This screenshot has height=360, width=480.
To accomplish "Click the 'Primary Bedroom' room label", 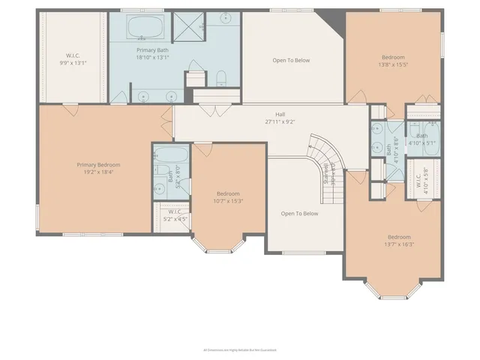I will click(x=98, y=165).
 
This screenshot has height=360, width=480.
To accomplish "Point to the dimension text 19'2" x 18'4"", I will click(x=98, y=172).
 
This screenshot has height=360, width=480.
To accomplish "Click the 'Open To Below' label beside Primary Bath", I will click(x=290, y=61).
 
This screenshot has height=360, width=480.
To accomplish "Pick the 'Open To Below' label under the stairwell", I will click(x=299, y=214).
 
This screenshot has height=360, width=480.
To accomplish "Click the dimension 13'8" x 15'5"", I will click(x=393, y=64).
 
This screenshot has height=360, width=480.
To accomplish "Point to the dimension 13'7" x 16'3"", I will click(x=398, y=244).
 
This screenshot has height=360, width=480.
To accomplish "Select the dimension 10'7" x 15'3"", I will click(x=229, y=200).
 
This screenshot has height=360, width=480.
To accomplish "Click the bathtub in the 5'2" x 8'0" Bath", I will click(x=171, y=156).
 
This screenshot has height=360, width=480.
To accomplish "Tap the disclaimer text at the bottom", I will click(x=240, y=349).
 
